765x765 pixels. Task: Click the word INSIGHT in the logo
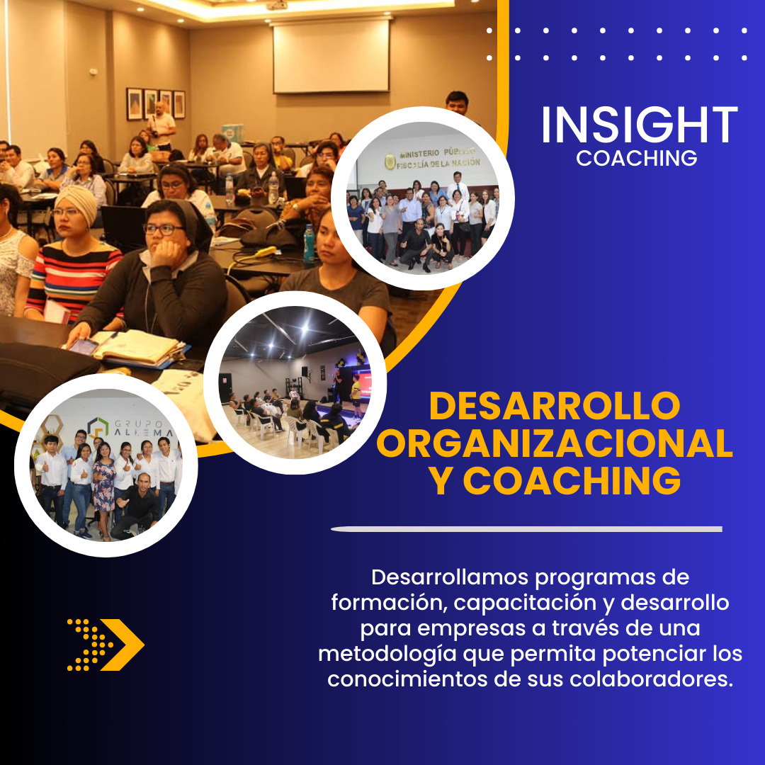tap(639, 125)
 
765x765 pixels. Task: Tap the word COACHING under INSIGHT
tap(637, 158)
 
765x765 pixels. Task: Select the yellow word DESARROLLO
tap(555, 406)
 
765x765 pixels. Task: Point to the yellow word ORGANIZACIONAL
tap(555, 443)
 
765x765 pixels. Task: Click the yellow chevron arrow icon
tap(106, 645)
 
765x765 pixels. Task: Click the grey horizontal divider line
tap(526, 529)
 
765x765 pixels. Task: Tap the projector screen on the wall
tap(331, 56)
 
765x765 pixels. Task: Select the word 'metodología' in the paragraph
tap(387, 654)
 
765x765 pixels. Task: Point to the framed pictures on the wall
tap(156, 104)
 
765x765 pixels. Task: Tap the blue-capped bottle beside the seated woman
tap(310, 244)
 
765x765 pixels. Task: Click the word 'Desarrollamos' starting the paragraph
tap(450, 577)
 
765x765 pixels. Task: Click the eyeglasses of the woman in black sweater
tap(164, 229)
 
